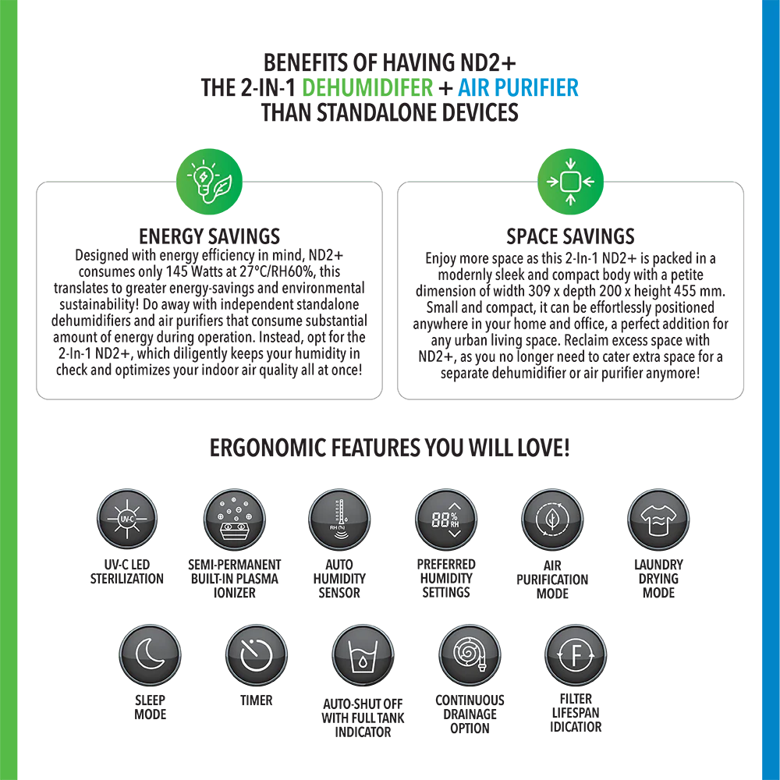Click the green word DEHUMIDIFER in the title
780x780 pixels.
coord(367,87)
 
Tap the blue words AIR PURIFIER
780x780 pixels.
coord(518,87)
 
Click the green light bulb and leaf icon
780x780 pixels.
coord(209,182)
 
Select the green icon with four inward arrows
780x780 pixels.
coord(571,182)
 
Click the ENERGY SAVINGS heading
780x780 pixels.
coord(209,236)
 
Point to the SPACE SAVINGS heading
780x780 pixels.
coord(571,236)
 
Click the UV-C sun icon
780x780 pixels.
coord(127,519)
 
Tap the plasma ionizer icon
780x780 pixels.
coord(234,519)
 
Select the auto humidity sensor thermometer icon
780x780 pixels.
coord(339,519)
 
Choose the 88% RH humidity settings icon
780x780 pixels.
coord(446,519)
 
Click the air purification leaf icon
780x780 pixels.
coord(552,519)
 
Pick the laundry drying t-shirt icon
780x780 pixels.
coord(658,519)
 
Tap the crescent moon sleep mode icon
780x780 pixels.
coord(151,655)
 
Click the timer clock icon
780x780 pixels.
coord(257,655)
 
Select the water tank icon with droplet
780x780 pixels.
coord(363,655)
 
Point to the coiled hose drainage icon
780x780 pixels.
coord(470,655)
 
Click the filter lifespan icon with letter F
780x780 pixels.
coord(576,655)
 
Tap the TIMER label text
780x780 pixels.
coord(256,700)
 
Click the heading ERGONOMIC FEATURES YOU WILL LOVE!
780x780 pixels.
coord(389,448)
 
